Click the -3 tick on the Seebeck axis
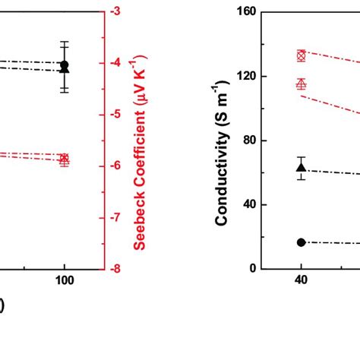(x=116, y=11)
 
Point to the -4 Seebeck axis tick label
(x=116, y=63)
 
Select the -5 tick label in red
(x=116, y=114)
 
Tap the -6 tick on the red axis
(x=116, y=166)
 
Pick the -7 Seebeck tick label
(x=116, y=217)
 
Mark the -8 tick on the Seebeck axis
(x=116, y=268)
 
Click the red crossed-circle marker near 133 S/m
(x=301, y=55)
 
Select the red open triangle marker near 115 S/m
(x=301, y=84)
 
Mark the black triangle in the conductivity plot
(x=301, y=168)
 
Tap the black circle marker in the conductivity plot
(x=301, y=242)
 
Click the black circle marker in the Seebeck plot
(x=65, y=65)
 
